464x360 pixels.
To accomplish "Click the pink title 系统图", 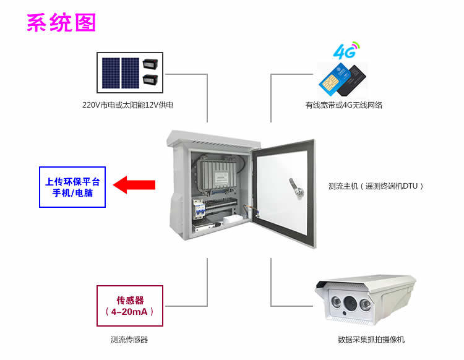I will point(61,23).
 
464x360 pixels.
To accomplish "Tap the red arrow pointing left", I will point(135,184).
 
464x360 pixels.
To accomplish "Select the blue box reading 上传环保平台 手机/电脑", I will point(73,187).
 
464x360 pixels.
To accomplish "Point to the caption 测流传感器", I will point(129,340).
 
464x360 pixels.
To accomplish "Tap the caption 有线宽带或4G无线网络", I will point(343,105).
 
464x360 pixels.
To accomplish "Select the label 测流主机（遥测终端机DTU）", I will point(376,186).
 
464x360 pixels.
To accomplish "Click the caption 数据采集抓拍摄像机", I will point(371,340).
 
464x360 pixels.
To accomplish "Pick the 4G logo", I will point(345,50).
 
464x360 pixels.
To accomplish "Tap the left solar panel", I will point(111,71).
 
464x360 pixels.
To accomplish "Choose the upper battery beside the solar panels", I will point(150,64).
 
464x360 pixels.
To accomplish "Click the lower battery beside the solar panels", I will point(150,79).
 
